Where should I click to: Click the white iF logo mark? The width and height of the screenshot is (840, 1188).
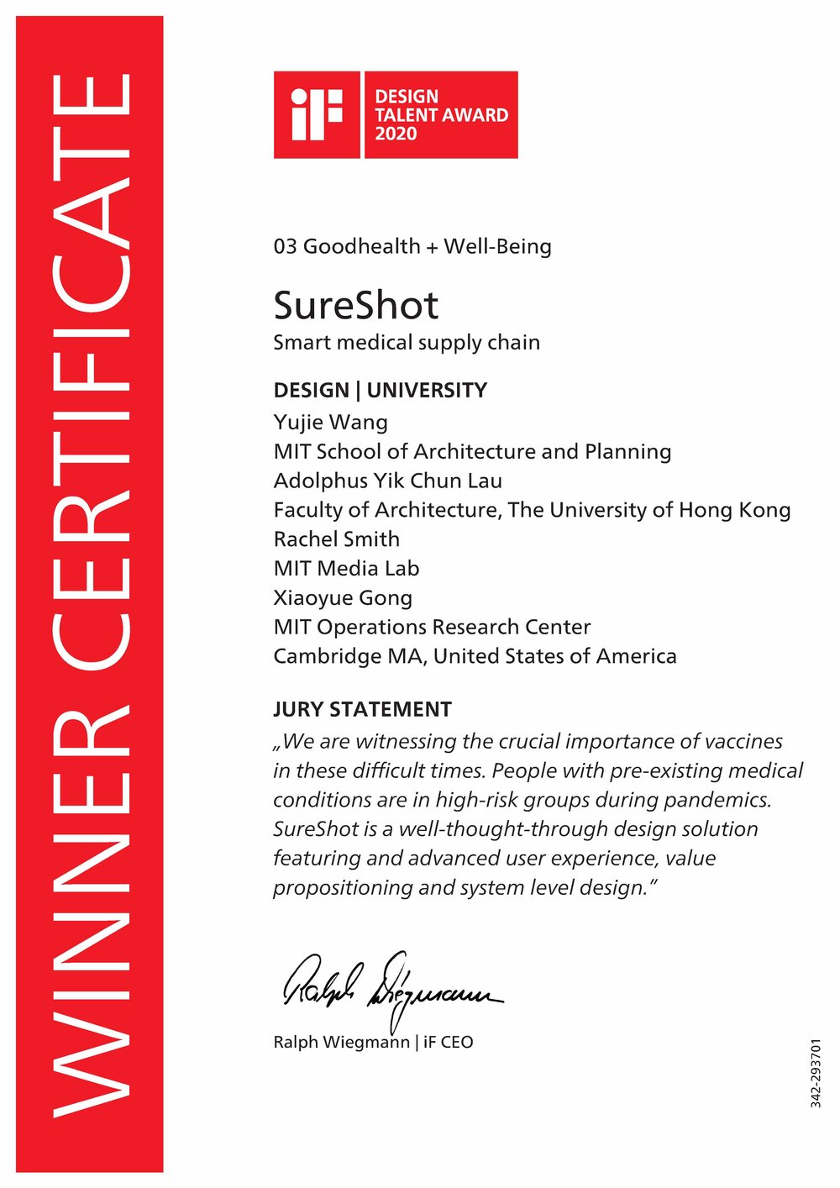pos(317,114)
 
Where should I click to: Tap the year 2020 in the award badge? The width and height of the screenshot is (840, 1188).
pos(396,134)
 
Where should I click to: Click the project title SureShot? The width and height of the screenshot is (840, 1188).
pos(355,306)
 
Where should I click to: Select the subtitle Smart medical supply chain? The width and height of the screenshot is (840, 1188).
pos(407,343)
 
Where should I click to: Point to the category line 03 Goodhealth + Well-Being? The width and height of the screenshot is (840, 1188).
pos(412,247)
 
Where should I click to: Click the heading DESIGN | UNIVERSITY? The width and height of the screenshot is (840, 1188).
pos(380,391)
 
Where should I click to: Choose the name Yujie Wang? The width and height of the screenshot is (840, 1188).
pos(330,422)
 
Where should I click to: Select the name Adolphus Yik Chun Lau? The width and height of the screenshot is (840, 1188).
pos(387,481)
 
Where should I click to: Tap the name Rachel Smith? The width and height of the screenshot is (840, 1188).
pos(336,539)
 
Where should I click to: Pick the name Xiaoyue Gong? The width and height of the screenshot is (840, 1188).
pos(343,598)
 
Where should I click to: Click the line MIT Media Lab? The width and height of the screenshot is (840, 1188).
pos(346,569)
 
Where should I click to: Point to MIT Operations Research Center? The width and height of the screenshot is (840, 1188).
pos(432,628)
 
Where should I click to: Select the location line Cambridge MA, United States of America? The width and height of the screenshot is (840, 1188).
pos(475,656)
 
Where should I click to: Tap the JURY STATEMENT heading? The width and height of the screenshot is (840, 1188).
pos(362,710)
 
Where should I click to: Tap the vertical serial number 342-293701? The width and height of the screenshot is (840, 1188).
pos(816,1074)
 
